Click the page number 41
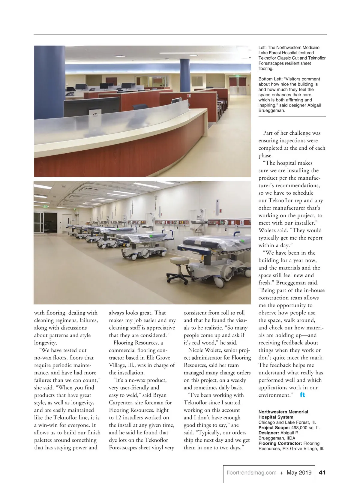[322, 472]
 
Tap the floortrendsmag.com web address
[251, 472]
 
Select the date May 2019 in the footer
[299, 472]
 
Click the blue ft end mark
[302, 395]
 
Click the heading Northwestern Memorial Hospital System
[283, 414]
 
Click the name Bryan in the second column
[160, 395]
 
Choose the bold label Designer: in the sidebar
[268, 433]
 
